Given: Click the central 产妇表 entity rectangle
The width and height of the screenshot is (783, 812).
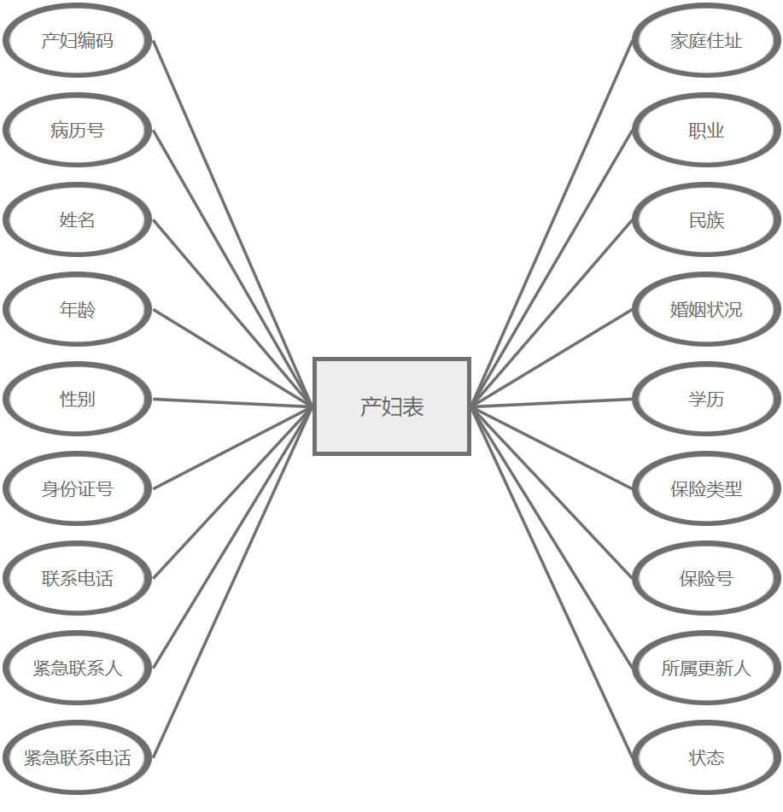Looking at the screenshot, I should point(392,406).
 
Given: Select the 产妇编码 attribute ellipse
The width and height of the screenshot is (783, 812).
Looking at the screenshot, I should point(78,41).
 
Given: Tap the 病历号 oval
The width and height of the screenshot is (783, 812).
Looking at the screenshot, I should point(78,131).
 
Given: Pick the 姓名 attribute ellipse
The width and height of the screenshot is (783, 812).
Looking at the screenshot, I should point(78,220).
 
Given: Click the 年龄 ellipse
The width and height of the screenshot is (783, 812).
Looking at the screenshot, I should point(78,310).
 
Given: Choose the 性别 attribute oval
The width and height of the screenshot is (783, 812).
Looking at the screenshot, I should point(78,399).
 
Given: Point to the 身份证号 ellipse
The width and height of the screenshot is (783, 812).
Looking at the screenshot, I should point(78,489).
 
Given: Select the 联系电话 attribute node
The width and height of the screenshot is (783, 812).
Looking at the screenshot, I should point(78,579).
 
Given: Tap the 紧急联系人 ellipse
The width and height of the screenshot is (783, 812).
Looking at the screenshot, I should point(78,668).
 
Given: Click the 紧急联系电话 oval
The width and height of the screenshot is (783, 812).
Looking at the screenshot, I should point(78,757).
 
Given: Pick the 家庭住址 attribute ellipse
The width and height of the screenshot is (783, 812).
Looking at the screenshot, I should point(706,41).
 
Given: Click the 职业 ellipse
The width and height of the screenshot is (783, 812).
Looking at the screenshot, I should point(706,131).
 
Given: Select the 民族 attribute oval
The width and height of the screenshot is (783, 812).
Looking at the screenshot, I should point(706,220).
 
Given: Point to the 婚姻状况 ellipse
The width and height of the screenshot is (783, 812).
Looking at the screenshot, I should point(706,310).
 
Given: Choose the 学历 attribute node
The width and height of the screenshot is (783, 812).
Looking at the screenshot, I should point(706,399).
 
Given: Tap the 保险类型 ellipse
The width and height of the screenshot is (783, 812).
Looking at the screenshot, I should point(706,489).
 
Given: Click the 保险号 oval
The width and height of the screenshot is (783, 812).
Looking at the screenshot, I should point(706,579).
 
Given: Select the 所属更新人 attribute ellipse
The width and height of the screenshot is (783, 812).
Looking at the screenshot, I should point(706,668).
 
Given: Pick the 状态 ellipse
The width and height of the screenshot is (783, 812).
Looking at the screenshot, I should point(706,757).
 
